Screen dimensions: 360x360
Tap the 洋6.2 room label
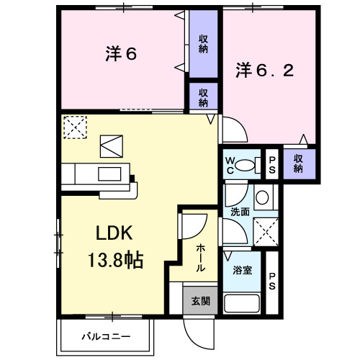point(264,71)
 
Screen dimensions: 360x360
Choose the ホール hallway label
point(199,255)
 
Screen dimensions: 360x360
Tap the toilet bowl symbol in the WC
point(248,164)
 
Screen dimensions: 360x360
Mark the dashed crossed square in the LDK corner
point(74,127)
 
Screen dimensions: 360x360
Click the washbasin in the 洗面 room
point(262,197)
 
